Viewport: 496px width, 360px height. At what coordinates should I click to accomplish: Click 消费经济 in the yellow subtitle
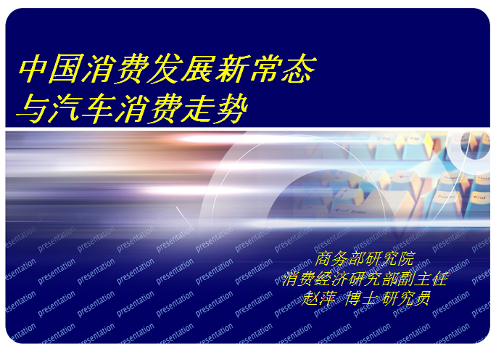[321, 279]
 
